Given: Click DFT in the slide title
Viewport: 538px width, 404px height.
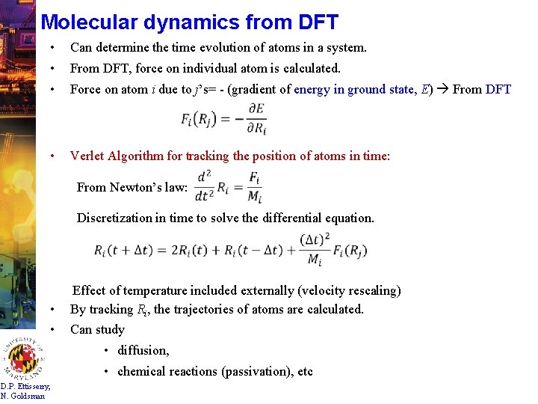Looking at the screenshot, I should tap(314, 22).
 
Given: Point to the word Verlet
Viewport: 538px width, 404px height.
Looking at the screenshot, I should tap(87, 156).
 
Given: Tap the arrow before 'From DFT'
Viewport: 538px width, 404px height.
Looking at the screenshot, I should tap(442, 90).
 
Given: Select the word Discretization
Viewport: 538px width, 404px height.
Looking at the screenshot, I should tap(114, 218).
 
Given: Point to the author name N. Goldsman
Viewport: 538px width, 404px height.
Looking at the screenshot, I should tap(22, 396).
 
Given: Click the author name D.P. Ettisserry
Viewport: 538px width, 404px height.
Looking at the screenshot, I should tap(25, 387).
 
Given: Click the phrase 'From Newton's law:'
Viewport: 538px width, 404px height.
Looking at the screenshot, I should tap(132, 187).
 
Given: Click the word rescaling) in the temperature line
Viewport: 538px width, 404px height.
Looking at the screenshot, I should tap(371, 290).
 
